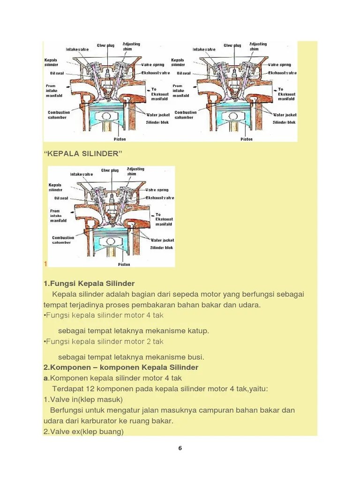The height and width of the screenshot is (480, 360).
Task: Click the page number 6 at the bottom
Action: pyautogui.click(x=180, y=448)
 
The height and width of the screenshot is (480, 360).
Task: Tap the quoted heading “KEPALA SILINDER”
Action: pyautogui.click(x=83, y=154)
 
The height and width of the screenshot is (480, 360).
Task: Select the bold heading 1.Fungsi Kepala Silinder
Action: pyautogui.click(x=89, y=284)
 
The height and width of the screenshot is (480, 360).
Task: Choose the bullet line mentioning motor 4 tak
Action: pyautogui.click(x=103, y=315)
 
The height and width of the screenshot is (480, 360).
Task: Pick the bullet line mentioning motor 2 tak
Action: pyautogui.click(x=103, y=342)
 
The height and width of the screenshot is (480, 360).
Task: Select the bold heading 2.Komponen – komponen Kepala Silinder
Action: pyautogui.click(x=120, y=367)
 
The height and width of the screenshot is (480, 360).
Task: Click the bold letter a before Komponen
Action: pyautogui.click(x=45, y=378)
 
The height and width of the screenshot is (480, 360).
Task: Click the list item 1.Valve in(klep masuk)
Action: pyautogui.click(x=83, y=400)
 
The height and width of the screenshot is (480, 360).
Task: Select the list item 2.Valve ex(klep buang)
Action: pyautogui.click(x=83, y=432)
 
